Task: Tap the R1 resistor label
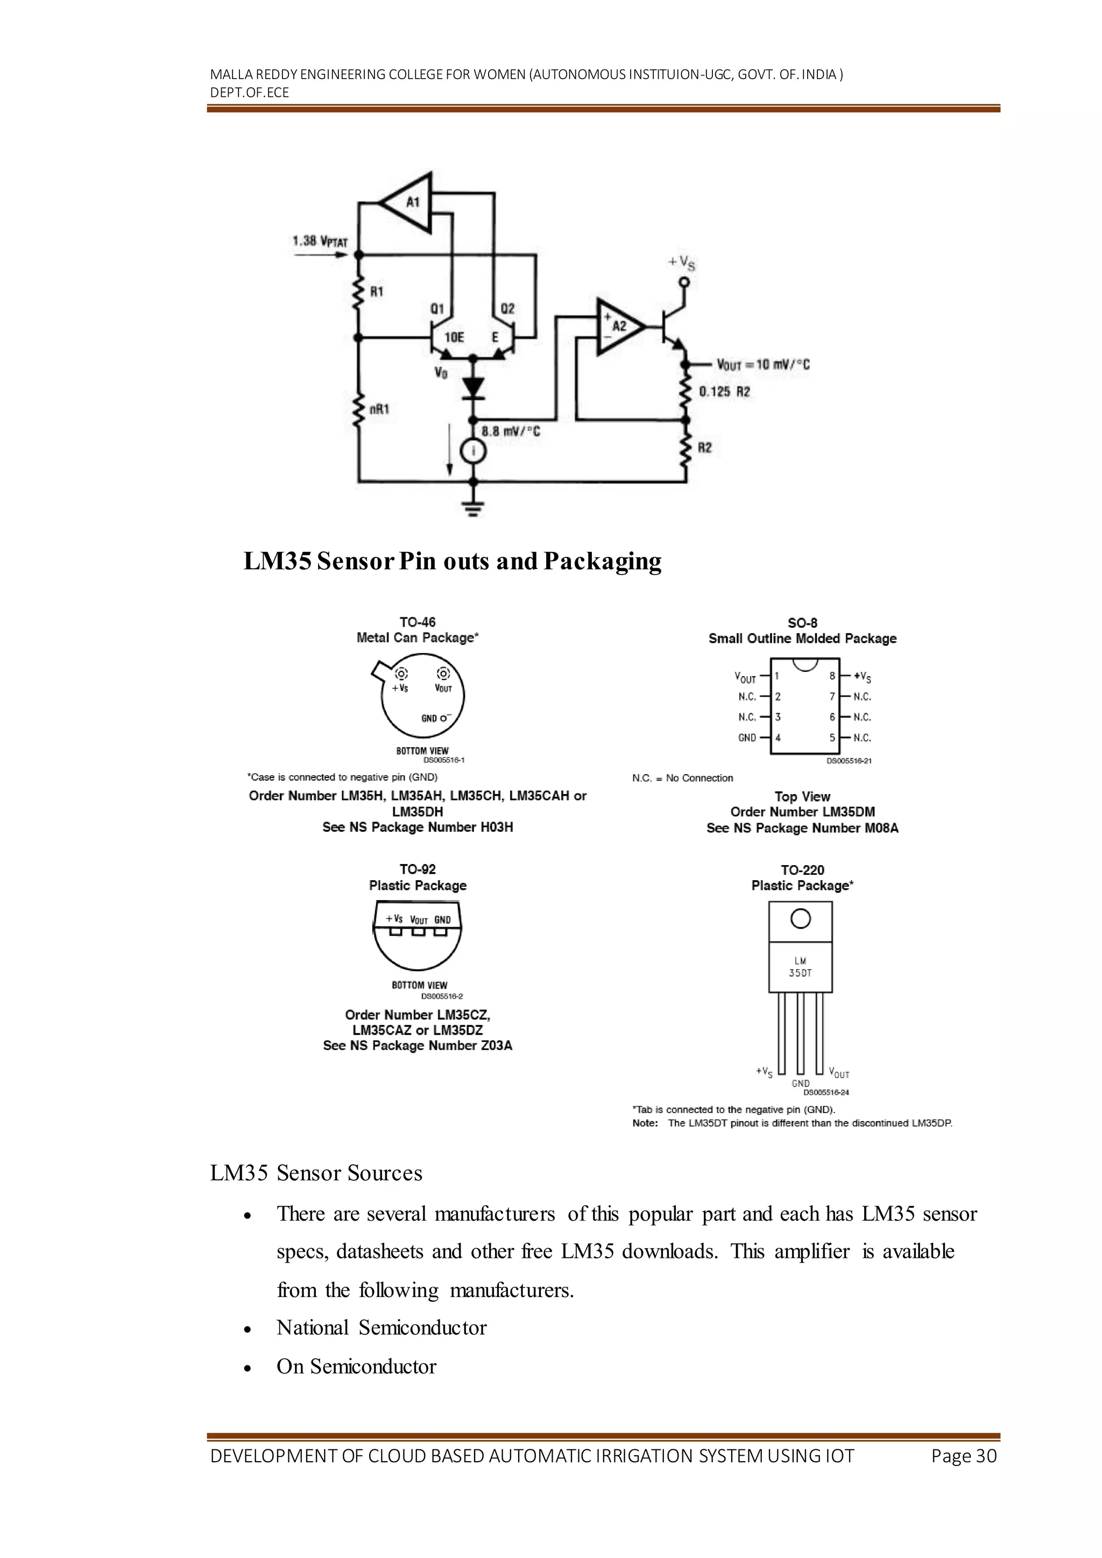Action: [x=377, y=292]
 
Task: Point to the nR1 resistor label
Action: [x=379, y=410]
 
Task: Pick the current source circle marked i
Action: [x=474, y=451]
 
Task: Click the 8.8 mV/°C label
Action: [x=510, y=431]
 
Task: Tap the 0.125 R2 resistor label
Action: [x=724, y=392]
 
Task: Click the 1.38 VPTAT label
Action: [x=320, y=242]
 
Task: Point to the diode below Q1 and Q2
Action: [x=474, y=387]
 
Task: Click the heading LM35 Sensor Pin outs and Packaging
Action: [x=452, y=562]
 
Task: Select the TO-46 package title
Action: [x=418, y=622]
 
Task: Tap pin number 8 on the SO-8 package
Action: [x=832, y=676]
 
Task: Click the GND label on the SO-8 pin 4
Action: [x=746, y=738]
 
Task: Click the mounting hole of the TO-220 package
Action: [x=801, y=919]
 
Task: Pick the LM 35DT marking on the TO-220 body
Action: [x=800, y=967]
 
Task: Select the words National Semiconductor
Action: [x=382, y=1328]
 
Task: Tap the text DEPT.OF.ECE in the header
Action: [x=249, y=93]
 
